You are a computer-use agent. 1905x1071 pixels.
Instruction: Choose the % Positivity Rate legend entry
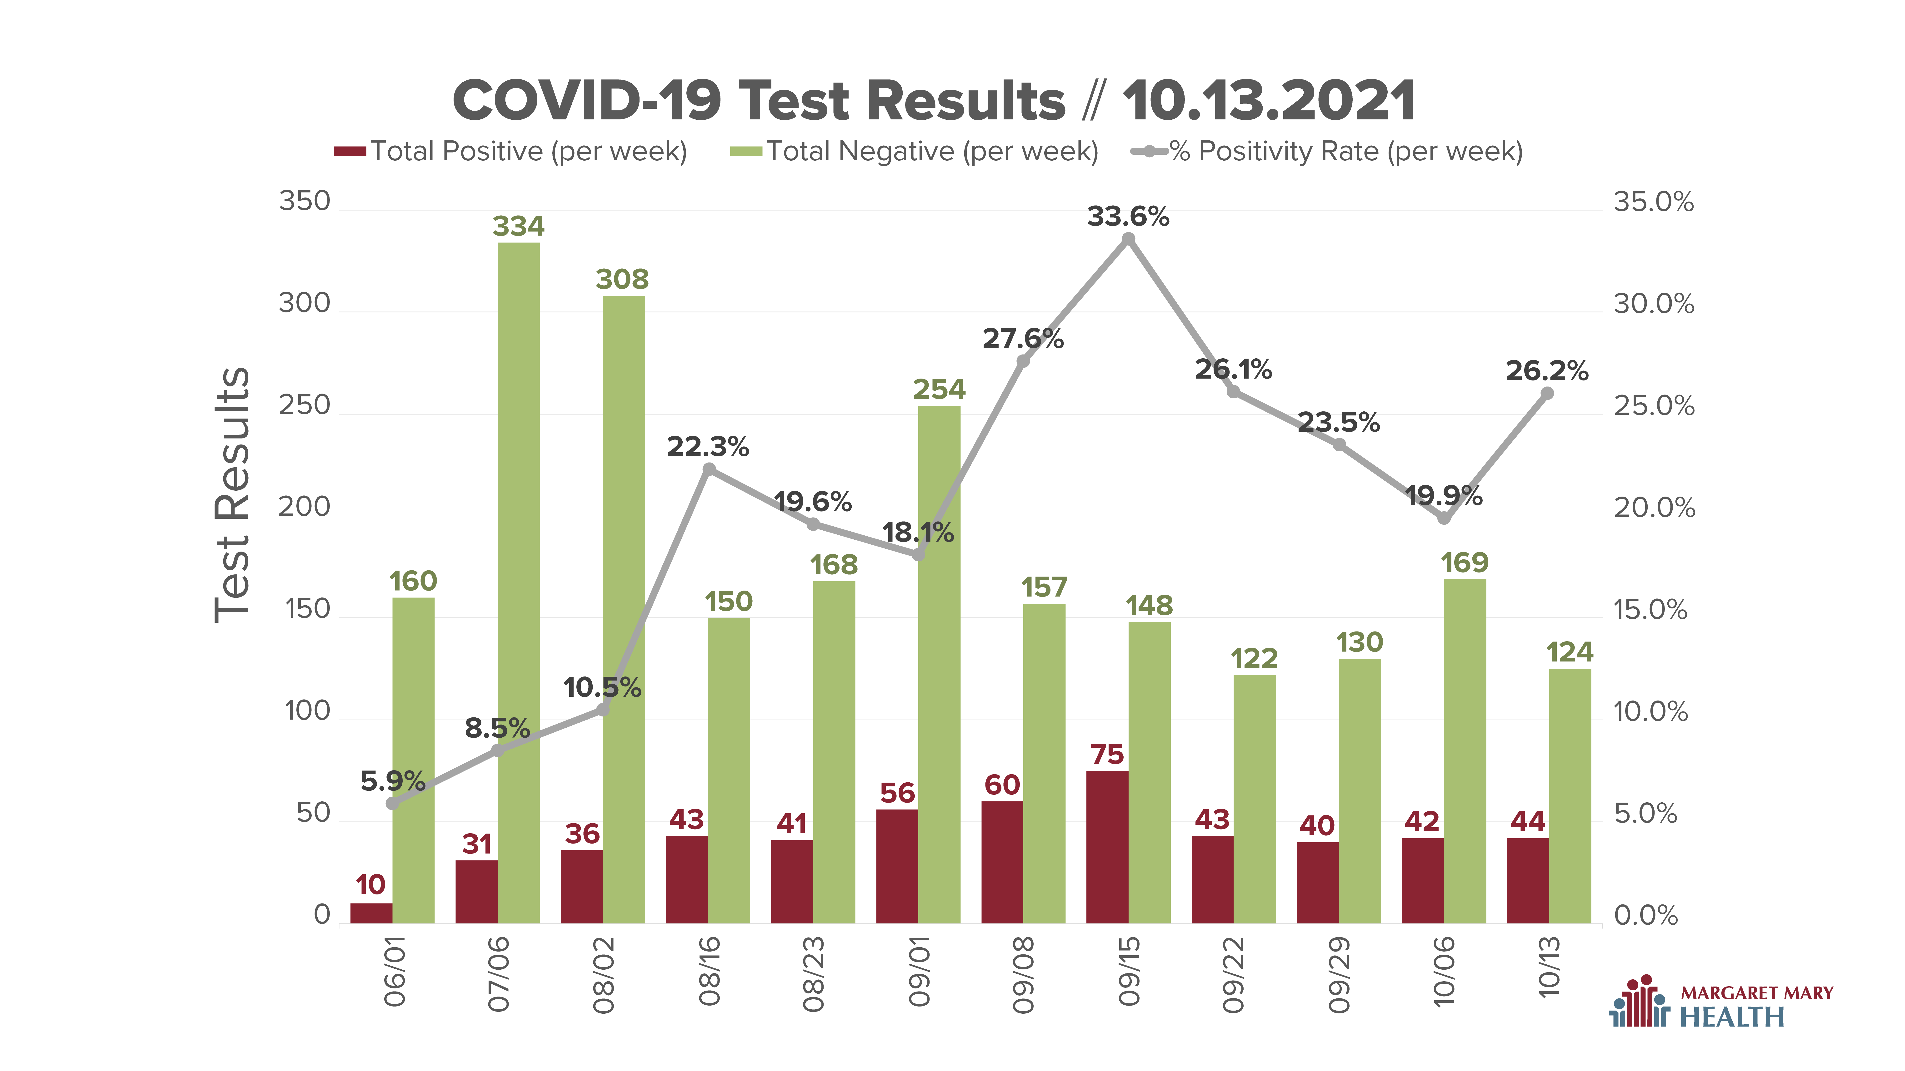(x=1327, y=152)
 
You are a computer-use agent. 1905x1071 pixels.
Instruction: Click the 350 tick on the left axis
(x=304, y=201)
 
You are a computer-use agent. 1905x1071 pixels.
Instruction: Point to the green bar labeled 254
(x=939, y=665)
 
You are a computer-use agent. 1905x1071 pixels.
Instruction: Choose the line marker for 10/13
(x=1547, y=393)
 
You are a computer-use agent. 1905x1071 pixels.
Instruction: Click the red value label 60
(x=1002, y=785)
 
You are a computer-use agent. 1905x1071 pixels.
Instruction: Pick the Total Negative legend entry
(x=915, y=152)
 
